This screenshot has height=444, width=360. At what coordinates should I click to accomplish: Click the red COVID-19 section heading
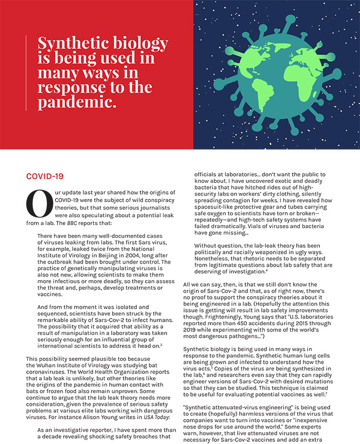pyautogui.click(x=45, y=176)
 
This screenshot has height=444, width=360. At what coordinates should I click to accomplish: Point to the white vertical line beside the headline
pyautogui.click(x=26, y=71)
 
